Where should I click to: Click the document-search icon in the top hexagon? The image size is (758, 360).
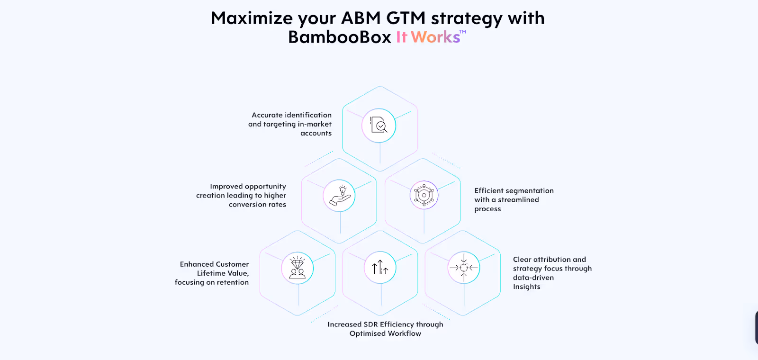tap(379, 126)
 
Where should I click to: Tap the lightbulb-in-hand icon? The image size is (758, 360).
tap(339, 196)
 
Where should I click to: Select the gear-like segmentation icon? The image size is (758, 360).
tap(424, 195)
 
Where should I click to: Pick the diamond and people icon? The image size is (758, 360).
tap(298, 268)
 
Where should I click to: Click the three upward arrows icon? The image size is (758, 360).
tap(380, 268)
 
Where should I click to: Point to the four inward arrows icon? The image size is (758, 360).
tap(464, 268)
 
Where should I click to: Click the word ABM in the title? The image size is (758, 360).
tap(361, 18)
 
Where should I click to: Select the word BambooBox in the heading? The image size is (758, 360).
tap(339, 37)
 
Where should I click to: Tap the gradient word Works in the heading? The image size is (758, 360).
tap(435, 37)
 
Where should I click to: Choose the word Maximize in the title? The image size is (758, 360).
tap(252, 18)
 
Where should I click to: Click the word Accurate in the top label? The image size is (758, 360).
tap(267, 115)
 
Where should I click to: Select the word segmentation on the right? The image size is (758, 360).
tap(530, 191)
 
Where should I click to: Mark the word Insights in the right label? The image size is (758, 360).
tap(526, 287)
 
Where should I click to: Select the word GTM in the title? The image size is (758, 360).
tap(406, 18)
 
